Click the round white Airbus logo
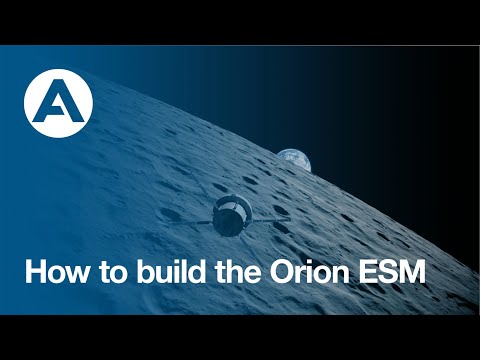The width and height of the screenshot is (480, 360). [58, 101]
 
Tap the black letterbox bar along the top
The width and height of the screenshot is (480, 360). [240, 20]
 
